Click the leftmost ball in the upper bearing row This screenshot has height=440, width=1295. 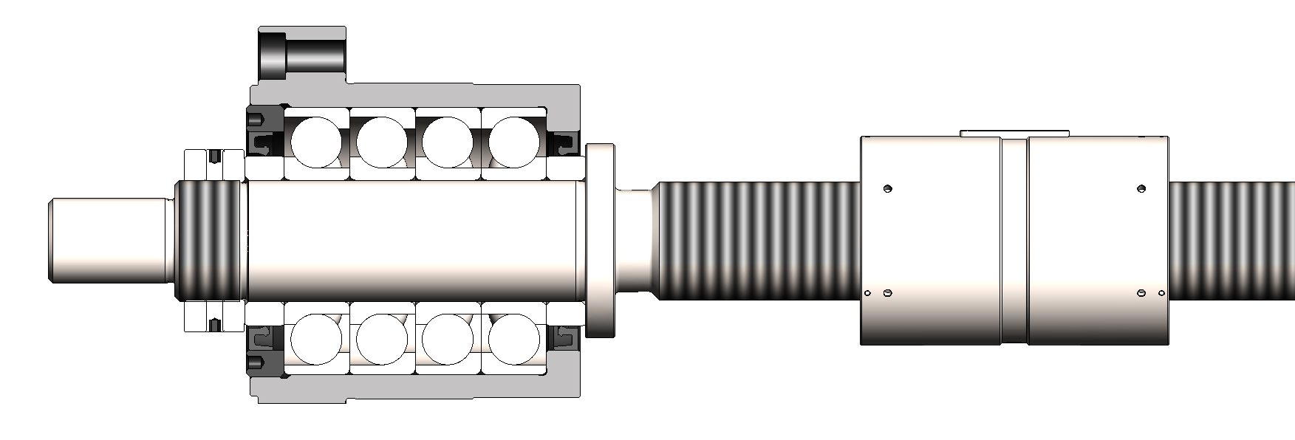click(317, 140)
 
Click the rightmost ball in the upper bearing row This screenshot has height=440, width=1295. click(515, 140)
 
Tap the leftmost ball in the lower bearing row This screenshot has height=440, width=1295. click(317, 340)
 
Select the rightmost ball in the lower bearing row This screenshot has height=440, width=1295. click(515, 340)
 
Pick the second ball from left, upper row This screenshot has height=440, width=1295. click(382, 140)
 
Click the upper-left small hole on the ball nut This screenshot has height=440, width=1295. click(888, 188)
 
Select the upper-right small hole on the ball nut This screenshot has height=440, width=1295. click(1141, 188)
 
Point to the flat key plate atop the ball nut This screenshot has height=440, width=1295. click(1014, 133)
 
